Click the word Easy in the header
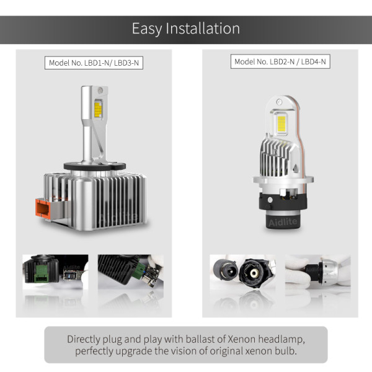[x=147, y=29]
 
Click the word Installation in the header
[x=203, y=29]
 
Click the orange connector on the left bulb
[x=42, y=208]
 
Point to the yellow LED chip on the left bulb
[x=98, y=110]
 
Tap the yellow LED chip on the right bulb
[x=281, y=125]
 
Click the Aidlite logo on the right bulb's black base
[x=283, y=223]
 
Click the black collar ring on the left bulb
[x=95, y=166]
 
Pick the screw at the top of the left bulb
[x=100, y=90]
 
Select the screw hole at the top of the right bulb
[x=279, y=102]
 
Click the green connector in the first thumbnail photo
[x=42, y=273]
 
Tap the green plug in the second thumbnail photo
[x=138, y=273]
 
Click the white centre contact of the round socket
[x=254, y=273]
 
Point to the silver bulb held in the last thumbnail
[x=329, y=272]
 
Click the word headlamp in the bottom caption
[x=281, y=340]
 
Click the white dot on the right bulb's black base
[x=270, y=200]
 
